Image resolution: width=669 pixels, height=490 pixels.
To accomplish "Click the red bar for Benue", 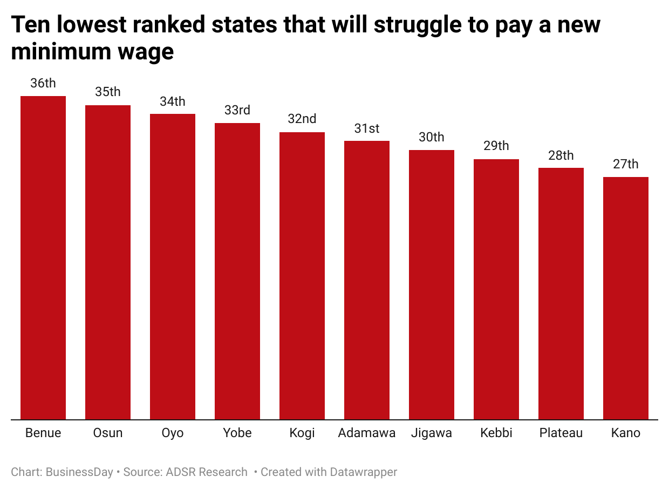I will (43, 257).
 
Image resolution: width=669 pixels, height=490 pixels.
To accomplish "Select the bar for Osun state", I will (108, 262).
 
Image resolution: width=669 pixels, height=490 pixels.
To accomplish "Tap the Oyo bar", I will (173, 266).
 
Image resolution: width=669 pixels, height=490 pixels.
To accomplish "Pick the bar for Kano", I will (626, 298).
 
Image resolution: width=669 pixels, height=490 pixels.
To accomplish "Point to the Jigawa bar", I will (432, 284).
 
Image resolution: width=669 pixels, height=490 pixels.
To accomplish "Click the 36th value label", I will (43, 83).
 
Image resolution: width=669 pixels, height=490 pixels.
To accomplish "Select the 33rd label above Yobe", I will (237, 110).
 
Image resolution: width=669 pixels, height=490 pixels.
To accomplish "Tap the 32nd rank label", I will (302, 119).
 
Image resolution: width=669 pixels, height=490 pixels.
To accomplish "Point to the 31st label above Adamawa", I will (367, 128).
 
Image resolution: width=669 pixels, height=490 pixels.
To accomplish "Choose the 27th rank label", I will (626, 164).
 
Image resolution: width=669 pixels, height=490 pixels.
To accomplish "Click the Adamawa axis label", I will (367, 433).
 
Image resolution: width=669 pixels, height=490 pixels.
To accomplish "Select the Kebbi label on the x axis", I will (496, 433).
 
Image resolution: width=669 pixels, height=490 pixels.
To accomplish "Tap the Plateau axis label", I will (561, 433).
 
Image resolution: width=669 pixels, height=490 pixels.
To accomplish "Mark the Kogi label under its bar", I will (302, 433).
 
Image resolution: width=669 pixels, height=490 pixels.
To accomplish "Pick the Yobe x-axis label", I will (237, 433).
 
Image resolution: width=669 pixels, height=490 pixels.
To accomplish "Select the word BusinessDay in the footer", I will (79, 472).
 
